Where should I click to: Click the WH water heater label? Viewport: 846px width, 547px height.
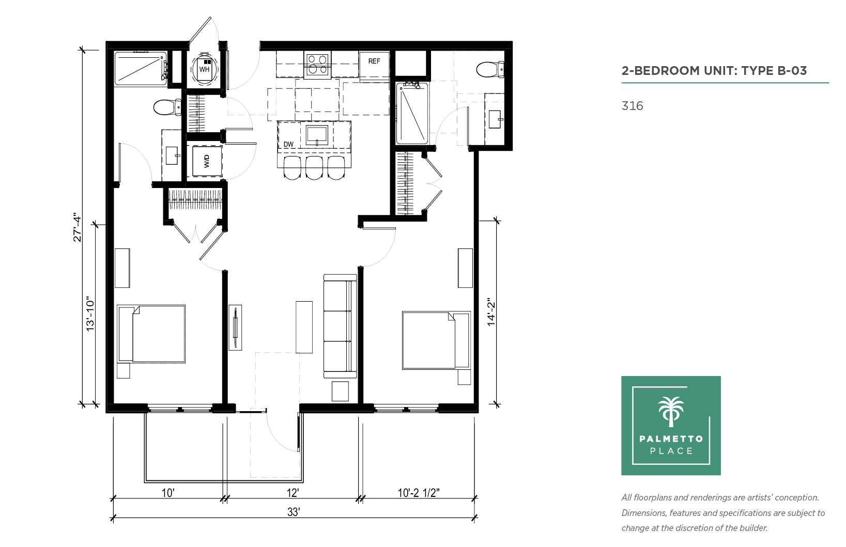[x=204, y=69]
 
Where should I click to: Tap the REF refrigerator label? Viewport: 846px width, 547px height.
[x=374, y=61]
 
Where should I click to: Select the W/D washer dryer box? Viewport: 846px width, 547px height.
[x=207, y=161]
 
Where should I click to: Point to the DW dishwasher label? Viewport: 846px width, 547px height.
[x=288, y=144]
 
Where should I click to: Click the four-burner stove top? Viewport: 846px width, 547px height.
[x=317, y=64]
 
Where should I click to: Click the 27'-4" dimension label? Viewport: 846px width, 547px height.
[x=78, y=227]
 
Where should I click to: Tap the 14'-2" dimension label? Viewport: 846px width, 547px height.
[x=490, y=312]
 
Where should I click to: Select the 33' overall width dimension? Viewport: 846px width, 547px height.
[x=294, y=512]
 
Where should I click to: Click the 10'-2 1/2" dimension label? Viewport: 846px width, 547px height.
[x=419, y=493]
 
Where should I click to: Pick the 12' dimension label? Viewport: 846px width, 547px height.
[x=293, y=493]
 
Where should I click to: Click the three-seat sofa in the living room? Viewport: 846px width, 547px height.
[x=340, y=326]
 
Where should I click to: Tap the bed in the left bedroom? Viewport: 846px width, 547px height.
[x=151, y=334]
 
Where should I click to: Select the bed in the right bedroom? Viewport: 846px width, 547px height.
[x=436, y=340]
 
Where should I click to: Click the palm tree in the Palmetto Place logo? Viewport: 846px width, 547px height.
[x=671, y=412]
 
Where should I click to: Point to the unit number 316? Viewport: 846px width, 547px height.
[x=632, y=106]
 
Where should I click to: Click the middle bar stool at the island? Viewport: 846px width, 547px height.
[x=314, y=167]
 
